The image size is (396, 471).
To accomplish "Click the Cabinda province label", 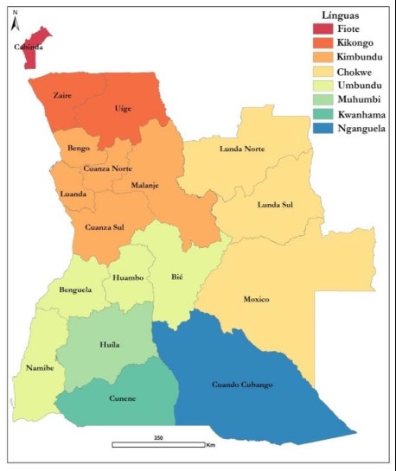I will [29, 48].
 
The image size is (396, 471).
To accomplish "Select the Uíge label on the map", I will [124, 110].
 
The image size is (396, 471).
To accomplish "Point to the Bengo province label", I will [80, 150].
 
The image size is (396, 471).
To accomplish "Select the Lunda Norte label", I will [242, 149].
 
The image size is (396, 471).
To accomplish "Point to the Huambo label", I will [128, 277].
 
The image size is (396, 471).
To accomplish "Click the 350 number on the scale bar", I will [158, 438].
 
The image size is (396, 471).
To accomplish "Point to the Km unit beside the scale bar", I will [210, 446].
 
